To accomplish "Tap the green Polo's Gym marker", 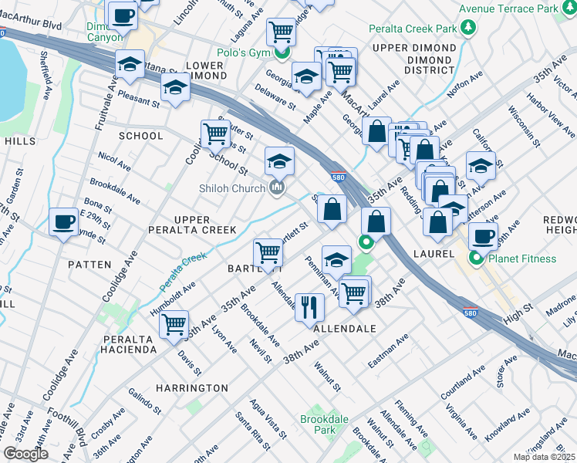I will click(283, 52).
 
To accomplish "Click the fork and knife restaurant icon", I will click(309, 306).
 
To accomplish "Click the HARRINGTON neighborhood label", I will click(191, 387).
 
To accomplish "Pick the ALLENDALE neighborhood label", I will click(345, 329).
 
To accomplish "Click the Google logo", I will click(25, 454).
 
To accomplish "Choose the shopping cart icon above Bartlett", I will click(268, 252).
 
